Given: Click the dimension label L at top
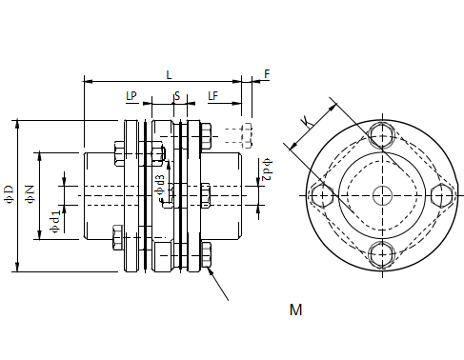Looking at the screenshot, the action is [x=169, y=75].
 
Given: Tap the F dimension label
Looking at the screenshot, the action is [x=267, y=74].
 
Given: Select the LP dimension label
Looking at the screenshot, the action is [x=131, y=96].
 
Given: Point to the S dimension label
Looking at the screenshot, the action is [x=177, y=96].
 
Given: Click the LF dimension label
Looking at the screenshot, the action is [x=213, y=96].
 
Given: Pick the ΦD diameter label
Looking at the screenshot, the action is [x=9, y=194].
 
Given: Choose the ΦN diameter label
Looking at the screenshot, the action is [x=30, y=194].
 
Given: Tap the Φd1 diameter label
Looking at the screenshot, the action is [x=55, y=222].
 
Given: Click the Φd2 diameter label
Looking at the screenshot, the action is [x=267, y=170].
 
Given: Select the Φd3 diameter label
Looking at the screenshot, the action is [x=160, y=185].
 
